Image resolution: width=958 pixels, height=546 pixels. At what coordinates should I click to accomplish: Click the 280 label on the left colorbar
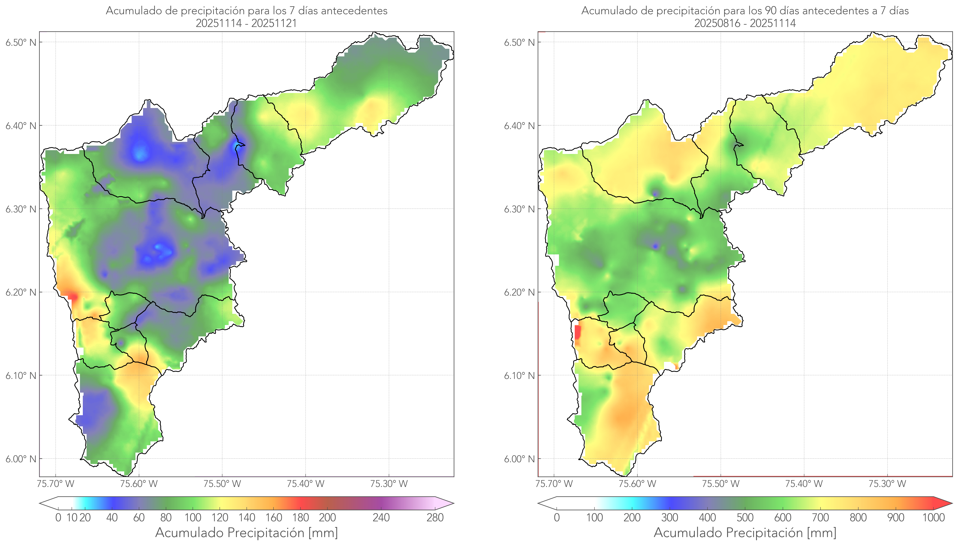(435, 518)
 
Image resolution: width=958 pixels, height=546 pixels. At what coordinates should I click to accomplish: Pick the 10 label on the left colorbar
(72, 518)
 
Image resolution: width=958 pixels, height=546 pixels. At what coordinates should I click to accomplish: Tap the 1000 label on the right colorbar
(933, 518)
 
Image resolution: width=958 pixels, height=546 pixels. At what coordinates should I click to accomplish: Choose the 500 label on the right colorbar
(745, 518)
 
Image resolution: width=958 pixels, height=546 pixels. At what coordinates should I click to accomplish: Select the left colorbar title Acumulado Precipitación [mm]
(247, 533)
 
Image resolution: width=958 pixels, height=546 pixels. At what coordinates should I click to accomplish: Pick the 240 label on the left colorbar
(381, 518)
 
